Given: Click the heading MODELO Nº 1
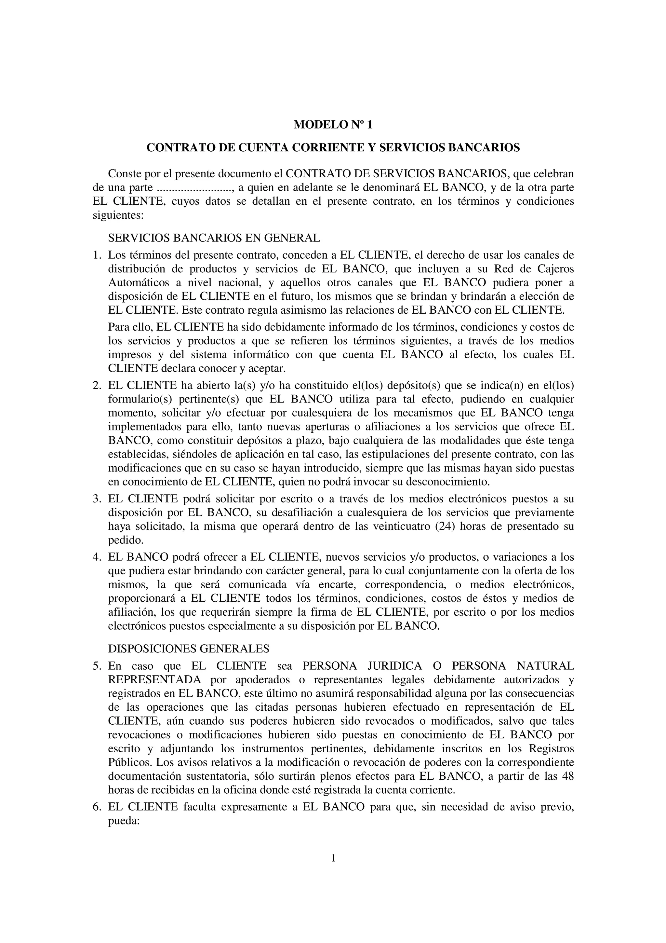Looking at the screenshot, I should [333, 125].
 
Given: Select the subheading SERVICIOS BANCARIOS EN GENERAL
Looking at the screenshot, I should [214, 238].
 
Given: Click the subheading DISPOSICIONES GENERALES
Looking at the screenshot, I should [188, 649].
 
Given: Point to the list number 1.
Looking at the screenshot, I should [97, 255].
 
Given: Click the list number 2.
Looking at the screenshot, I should [97, 386].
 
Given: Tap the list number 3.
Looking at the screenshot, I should [97, 499].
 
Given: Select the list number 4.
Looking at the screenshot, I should [97, 557].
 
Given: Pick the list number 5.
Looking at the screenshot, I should [97, 666].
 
